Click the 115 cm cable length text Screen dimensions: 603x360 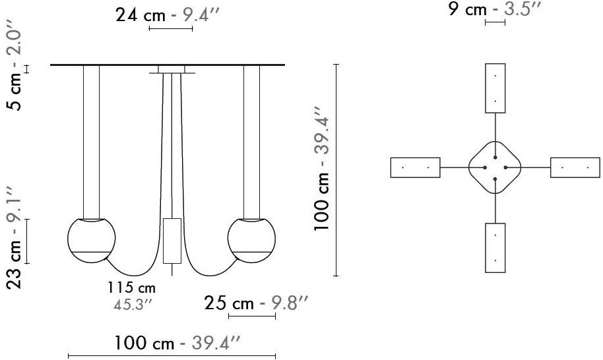coord(131,287)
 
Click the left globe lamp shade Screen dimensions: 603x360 coord(92,241)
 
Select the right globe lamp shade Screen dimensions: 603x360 coord(251,241)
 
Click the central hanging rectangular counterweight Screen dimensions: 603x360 coord(172,241)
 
